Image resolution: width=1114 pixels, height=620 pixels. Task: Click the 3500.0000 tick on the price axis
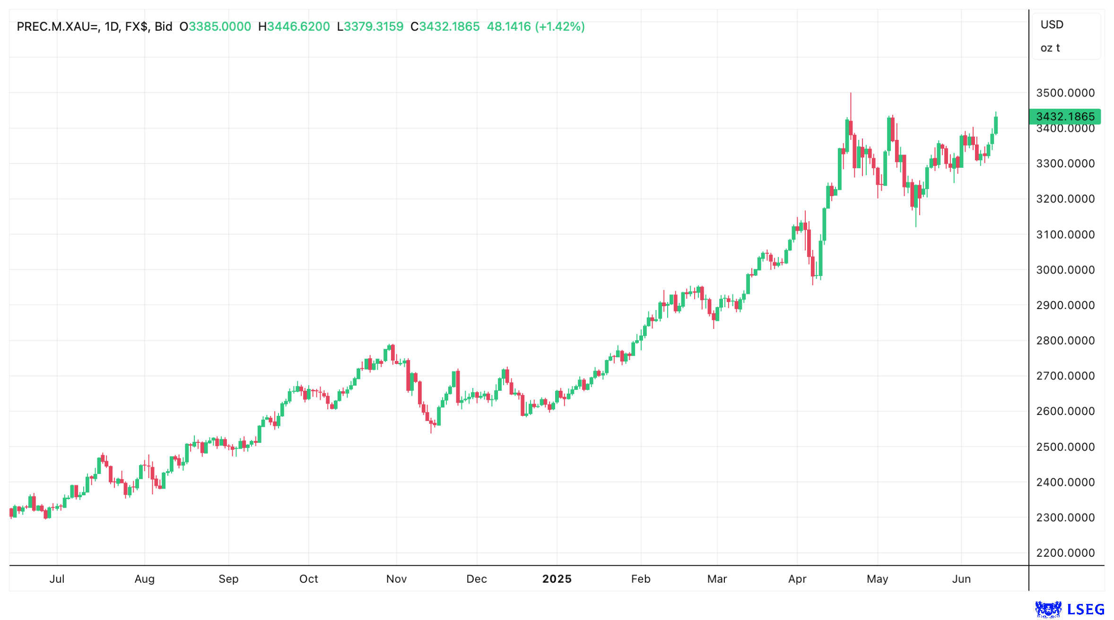(1065, 93)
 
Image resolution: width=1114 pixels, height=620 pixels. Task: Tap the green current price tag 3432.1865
(1064, 116)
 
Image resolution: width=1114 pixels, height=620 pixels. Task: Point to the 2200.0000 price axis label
(1065, 552)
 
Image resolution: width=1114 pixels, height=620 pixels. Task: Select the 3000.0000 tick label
(1065, 269)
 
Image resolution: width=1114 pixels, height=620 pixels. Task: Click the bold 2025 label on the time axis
(557, 578)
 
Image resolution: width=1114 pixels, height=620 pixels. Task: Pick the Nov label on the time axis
(396, 578)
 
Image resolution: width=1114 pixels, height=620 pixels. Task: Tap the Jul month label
(57, 578)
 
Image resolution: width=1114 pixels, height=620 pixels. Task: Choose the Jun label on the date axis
(961, 578)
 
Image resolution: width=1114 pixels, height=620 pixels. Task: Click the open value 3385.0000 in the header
(220, 26)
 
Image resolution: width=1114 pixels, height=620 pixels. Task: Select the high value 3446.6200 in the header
(298, 26)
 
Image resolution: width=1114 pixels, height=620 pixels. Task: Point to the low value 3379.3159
(373, 26)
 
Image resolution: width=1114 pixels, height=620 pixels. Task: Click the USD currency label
(1052, 25)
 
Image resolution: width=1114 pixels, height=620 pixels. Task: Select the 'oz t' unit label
(1050, 48)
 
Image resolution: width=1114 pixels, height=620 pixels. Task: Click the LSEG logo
(1070, 609)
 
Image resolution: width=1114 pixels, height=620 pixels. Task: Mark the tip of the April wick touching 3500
(851, 94)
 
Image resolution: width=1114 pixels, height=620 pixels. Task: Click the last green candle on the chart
(996, 125)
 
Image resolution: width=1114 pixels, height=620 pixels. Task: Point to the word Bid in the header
(163, 26)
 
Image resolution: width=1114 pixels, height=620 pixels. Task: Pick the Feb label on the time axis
(641, 578)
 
